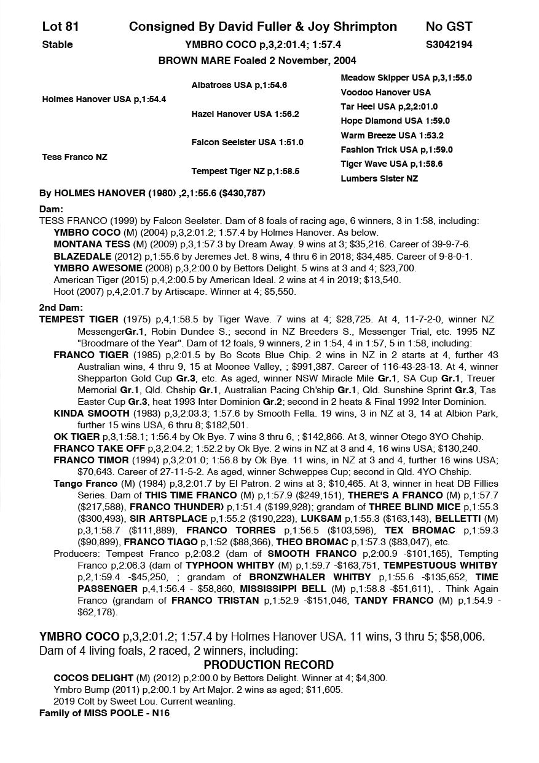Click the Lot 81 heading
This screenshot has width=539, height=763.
click(x=60, y=26)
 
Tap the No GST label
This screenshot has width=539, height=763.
click(x=449, y=26)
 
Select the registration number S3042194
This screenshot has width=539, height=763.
click(x=449, y=44)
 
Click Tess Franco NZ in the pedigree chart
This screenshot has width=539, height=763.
click(x=74, y=157)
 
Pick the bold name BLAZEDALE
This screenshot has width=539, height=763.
click(x=79, y=256)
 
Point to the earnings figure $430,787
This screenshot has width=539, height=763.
click(x=243, y=193)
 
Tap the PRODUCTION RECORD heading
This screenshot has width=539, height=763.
click(x=269, y=665)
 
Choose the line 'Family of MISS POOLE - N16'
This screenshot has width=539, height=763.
click(x=104, y=713)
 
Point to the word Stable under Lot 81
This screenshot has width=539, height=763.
click(x=57, y=44)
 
